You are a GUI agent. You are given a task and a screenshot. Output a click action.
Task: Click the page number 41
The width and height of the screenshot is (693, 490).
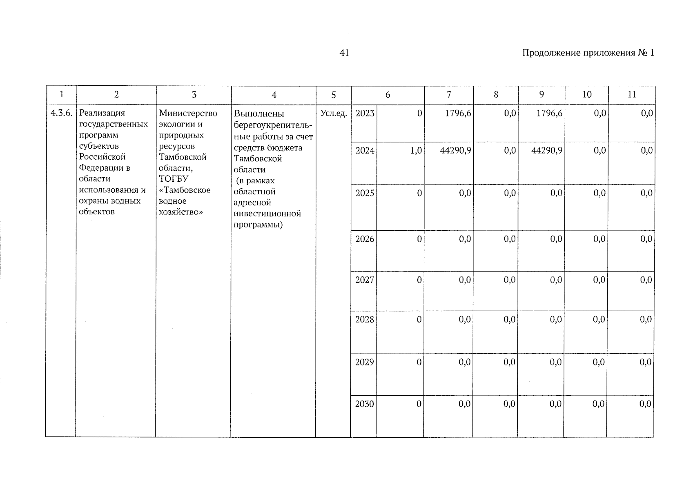tap(344, 53)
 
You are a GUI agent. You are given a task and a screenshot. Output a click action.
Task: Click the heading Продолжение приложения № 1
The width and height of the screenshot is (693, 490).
tap(588, 53)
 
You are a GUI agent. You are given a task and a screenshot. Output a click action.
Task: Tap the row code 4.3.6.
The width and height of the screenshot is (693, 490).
tap(61, 113)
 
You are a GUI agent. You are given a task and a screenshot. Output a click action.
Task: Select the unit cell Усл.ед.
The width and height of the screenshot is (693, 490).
tap(334, 114)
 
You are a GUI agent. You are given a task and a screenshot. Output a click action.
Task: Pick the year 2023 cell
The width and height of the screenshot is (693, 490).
tap(365, 113)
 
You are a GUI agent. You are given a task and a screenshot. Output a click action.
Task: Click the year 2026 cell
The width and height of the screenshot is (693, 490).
tap(365, 239)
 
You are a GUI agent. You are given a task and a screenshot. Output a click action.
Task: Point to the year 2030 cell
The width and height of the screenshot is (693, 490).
tap(364, 404)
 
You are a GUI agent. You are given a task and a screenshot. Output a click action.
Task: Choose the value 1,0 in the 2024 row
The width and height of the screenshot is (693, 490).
tap(416, 151)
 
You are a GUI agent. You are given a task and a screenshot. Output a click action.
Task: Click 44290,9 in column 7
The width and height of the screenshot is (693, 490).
tap(455, 151)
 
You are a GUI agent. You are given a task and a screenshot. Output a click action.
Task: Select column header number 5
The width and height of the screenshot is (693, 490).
tap(334, 95)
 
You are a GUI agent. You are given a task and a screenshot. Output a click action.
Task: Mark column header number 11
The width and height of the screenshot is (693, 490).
tap(632, 95)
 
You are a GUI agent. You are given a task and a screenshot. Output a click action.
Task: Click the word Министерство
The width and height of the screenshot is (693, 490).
tap(188, 113)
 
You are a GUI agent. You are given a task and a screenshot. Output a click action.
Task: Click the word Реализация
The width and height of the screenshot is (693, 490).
tap(102, 113)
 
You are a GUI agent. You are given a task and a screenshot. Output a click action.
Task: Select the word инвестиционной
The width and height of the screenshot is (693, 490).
tap(267, 214)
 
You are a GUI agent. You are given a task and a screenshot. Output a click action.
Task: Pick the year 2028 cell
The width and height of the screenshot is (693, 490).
tap(365, 319)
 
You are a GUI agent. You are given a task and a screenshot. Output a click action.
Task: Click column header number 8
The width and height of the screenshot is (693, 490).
tap(496, 95)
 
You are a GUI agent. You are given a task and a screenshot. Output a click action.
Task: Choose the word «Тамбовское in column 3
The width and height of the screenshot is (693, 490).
tap(185, 190)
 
